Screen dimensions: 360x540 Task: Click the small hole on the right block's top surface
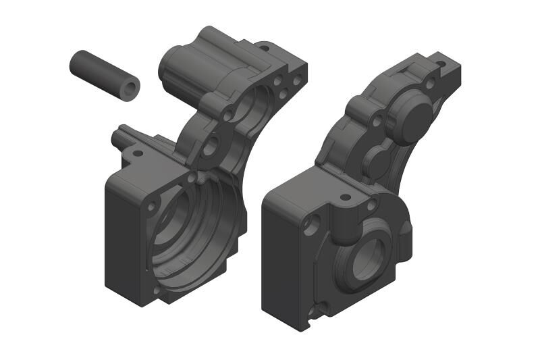[345, 198]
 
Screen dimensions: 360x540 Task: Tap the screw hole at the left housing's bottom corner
[157, 290]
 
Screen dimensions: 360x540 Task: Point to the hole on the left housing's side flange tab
[138, 153]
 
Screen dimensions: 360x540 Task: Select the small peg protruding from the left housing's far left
[117, 137]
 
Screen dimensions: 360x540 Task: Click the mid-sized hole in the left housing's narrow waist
[210, 143]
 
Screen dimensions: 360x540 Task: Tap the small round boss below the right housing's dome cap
[377, 159]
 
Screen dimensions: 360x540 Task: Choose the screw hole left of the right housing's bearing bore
[311, 223]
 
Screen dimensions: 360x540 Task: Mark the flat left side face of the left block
[122, 240]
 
